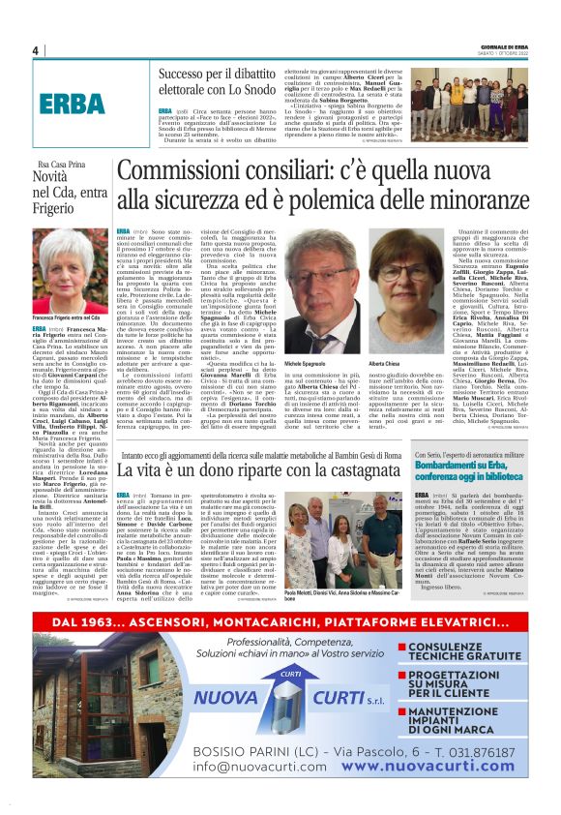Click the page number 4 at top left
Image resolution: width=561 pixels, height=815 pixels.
coord(35,50)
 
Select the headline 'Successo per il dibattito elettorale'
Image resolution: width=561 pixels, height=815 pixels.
coord(225,82)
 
